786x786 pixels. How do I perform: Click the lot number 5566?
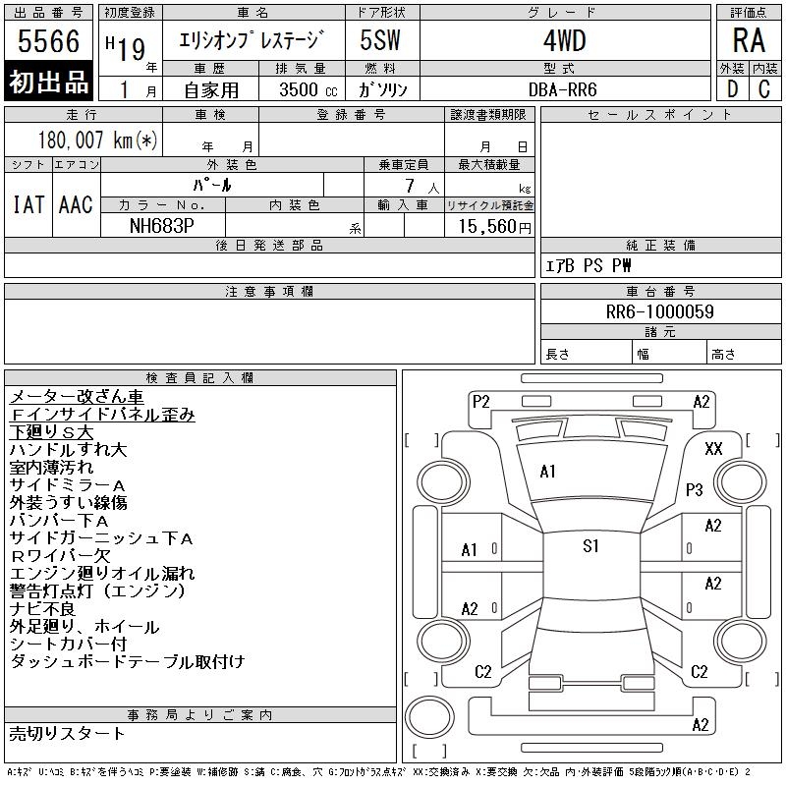[48, 42]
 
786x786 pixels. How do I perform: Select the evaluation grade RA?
[748, 41]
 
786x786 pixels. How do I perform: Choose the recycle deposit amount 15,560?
[488, 226]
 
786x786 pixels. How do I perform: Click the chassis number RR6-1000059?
[660, 311]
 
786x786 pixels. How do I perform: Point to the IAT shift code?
[28, 204]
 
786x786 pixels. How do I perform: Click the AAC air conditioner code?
[76, 204]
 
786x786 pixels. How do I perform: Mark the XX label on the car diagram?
[714, 448]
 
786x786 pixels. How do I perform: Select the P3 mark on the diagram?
[696, 489]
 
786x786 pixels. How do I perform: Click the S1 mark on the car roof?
[590, 546]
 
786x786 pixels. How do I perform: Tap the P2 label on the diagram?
[480, 401]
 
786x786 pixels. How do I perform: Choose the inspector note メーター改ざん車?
[77, 397]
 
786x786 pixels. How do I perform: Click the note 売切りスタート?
[68, 733]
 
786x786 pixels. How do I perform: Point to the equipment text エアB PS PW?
[589, 266]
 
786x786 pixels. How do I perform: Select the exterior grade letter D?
[732, 88]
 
